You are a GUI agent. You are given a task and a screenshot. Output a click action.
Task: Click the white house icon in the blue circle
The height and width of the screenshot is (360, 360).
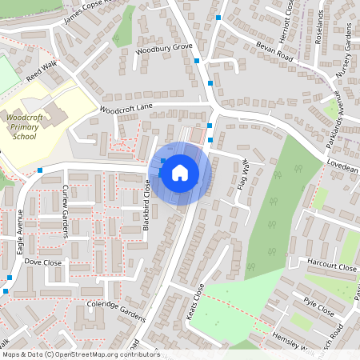(179, 173)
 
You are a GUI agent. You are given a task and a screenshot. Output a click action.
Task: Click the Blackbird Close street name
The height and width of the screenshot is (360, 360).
(147, 206)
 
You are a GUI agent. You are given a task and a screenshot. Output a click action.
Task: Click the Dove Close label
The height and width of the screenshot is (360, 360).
(43, 262)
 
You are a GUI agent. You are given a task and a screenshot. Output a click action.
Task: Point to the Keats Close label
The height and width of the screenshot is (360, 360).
(195, 302)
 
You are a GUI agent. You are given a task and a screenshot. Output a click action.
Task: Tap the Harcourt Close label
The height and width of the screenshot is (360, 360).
(330, 263)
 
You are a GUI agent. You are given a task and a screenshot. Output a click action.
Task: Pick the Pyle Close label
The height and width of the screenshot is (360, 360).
(319, 306)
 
